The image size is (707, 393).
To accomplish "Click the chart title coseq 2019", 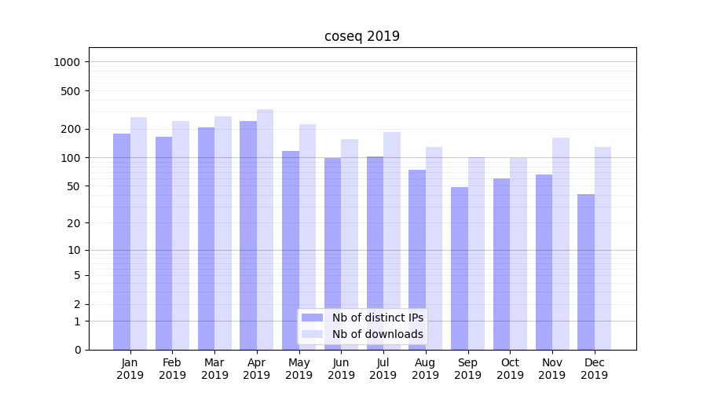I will [362, 36].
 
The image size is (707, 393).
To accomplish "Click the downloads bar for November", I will [561, 244].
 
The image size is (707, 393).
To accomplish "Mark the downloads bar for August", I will [434, 248].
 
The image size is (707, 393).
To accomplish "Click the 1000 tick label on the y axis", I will [68, 62].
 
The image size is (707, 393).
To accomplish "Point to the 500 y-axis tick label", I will [71, 91].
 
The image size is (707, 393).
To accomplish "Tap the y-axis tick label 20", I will [74, 223].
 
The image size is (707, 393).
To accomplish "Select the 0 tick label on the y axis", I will [77, 350].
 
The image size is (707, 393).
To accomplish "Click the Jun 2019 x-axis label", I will [341, 369].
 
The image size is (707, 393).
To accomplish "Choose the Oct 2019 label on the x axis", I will [510, 369].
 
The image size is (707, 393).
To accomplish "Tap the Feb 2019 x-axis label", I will [172, 369].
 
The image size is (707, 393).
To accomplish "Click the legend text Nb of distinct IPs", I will [378, 318].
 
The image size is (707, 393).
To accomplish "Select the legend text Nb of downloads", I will [378, 334].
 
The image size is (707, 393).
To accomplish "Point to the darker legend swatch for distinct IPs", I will [313, 318].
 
